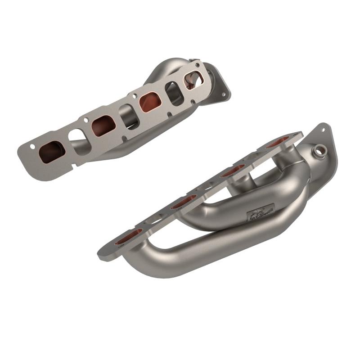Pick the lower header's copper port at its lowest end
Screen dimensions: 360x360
pyautogui.click(x=129, y=236)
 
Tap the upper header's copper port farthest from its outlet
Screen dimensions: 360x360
pyautogui.click(x=51, y=152)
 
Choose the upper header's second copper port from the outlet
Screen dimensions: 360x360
pyautogui.click(x=149, y=102)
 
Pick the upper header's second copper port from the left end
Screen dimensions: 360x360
pyautogui.click(x=103, y=126)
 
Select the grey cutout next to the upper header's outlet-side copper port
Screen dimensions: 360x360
pyautogui.click(x=174, y=93)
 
